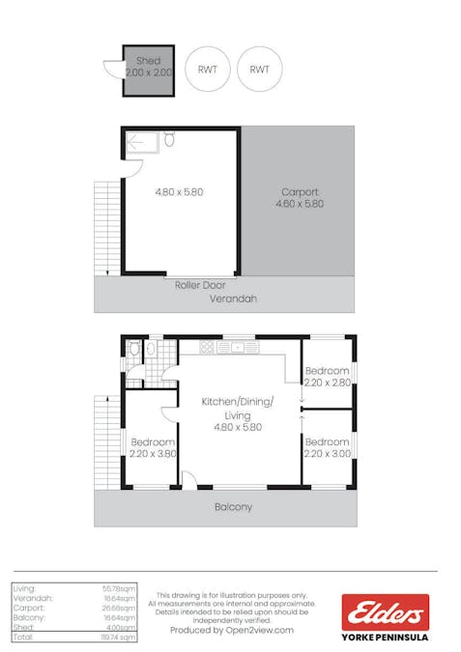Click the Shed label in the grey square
click(148, 61)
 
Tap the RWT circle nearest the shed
click(208, 70)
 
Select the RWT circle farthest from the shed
click(260, 70)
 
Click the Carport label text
click(300, 191)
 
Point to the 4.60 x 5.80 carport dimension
click(300, 204)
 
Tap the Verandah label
click(233, 299)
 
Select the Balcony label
click(233, 506)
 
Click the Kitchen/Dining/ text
click(237, 401)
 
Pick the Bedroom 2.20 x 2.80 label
click(328, 377)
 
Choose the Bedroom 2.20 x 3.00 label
click(328, 446)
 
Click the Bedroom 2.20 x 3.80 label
click(153, 446)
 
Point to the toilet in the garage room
click(169, 140)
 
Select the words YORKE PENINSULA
click(385, 638)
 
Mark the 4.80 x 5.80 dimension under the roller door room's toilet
click(179, 191)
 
